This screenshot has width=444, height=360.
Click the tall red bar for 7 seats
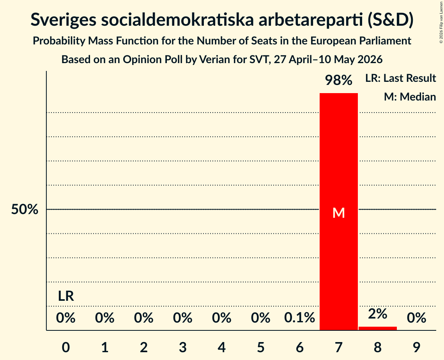tap(339, 212)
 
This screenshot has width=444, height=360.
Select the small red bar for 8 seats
tap(378, 328)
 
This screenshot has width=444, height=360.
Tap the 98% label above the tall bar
tap(339, 80)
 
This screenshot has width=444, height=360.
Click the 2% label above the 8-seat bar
tap(378, 314)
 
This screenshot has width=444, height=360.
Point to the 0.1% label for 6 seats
tap(300, 318)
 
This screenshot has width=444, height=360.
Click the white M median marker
tap(339, 213)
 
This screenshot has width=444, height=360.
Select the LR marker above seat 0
tap(66, 296)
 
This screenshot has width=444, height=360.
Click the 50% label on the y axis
tap(25, 210)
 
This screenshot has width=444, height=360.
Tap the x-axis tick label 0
tap(66, 347)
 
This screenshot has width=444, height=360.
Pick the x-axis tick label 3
tap(183, 347)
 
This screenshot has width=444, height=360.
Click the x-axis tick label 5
tap(260, 347)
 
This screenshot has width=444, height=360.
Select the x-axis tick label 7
tap(339, 347)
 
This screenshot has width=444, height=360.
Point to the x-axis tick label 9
tap(417, 347)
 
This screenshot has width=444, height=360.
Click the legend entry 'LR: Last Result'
tap(401, 78)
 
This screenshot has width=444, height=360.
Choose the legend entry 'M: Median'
tap(410, 97)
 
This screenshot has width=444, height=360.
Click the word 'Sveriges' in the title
tap(63, 20)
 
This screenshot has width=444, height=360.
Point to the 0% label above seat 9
tap(417, 318)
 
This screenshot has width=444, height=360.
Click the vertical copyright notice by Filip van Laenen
tap(441, 22)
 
